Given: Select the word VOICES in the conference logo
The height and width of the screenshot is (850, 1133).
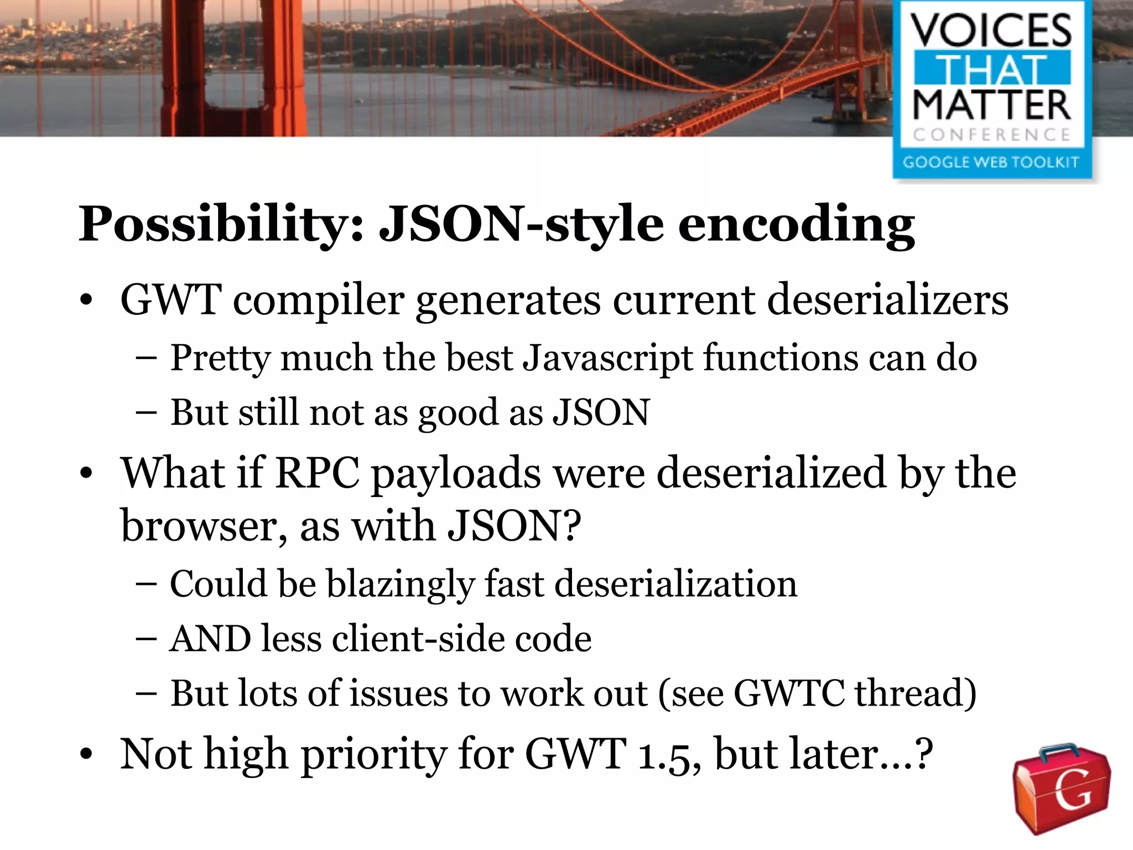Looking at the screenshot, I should (991, 30).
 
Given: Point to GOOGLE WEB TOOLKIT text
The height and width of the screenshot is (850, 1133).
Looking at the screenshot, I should (991, 162).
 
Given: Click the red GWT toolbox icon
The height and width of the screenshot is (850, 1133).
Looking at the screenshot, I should (1061, 788).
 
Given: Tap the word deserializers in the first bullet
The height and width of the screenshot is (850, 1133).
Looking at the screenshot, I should (887, 300).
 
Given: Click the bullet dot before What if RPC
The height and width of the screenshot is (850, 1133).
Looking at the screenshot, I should (86, 475).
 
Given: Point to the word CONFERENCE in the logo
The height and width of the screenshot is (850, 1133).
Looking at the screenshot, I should (991, 134).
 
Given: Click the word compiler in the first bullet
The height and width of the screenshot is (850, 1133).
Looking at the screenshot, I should (319, 300).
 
